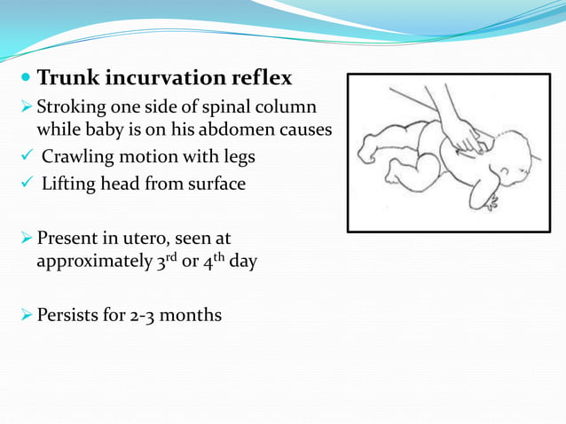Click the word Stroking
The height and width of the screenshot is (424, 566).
pyautogui.click(x=70, y=107)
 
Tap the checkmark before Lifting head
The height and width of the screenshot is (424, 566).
pyautogui.click(x=26, y=184)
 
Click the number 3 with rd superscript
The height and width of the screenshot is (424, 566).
pyautogui.click(x=161, y=263)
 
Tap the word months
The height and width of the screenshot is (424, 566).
pyautogui.click(x=192, y=314)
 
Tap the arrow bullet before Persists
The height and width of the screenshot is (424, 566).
pyautogui.click(x=25, y=315)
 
